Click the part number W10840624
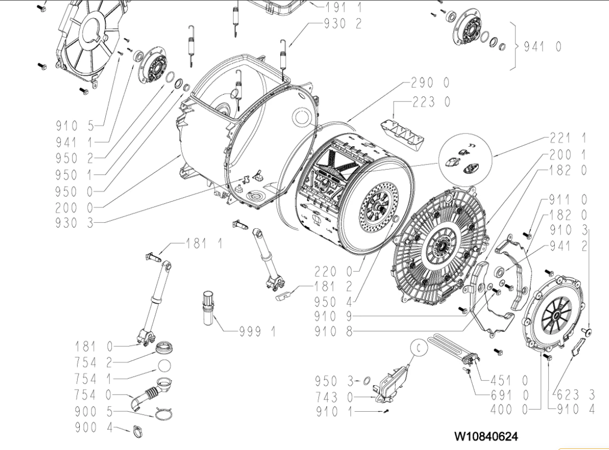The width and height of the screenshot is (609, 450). [x=484, y=436]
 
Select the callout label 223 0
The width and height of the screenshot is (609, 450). [x=431, y=101]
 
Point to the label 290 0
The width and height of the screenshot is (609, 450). [x=430, y=82]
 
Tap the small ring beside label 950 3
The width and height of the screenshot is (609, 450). [x=366, y=380]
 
